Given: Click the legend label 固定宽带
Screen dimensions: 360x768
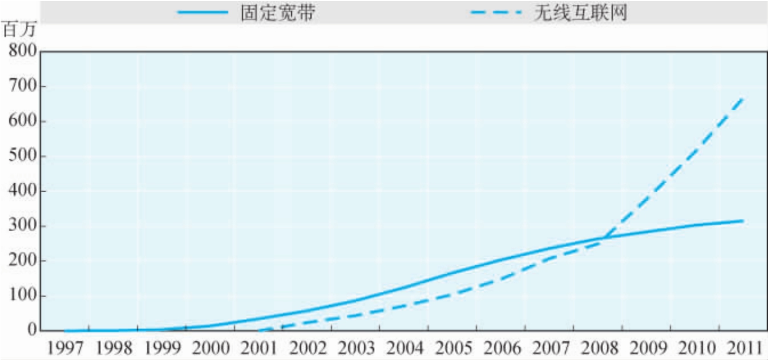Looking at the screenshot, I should click(x=277, y=13).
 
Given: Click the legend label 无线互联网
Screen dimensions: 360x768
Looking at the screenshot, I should click(x=580, y=13).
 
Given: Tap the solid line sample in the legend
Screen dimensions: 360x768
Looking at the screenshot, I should click(x=202, y=13).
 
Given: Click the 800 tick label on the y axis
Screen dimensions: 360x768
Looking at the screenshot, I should click(x=23, y=52).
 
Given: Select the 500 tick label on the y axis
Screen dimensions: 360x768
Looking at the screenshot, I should click(x=23, y=156).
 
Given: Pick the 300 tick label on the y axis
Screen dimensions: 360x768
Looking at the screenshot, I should click(x=23, y=226).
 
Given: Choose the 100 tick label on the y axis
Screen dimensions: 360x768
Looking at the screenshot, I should click(x=23, y=296).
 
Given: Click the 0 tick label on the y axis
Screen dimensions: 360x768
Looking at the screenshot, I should click(x=31, y=330).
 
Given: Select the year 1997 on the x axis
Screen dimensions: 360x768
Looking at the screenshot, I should click(x=64, y=347).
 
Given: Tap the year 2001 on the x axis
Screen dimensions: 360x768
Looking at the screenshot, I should click(x=258, y=347).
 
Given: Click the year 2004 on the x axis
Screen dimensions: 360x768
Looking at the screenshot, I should click(x=404, y=347).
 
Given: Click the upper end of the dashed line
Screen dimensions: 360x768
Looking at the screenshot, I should click(x=742, y=98).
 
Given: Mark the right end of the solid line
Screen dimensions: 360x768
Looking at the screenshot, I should click(x=743, y=220).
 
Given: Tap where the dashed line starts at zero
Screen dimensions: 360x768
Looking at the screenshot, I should click(x=260, y=330).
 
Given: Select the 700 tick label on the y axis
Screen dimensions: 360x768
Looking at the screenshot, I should click(x=23, y=87).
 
